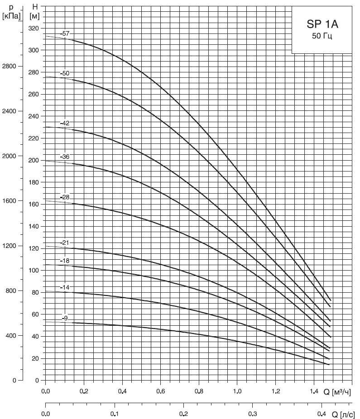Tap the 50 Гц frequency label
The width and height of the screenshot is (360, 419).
pyautogui.click(x=322, y=37)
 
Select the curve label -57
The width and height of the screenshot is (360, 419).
pyautogui.click(x=66, y=33)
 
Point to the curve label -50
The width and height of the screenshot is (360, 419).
pyautogui.click(x=66, y=73)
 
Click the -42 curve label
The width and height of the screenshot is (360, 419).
pyautogui.click(x=66, y=123)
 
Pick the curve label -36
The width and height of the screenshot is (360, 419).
pyautogui.click(x=66, y=157)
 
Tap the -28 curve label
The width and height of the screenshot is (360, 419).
pyautogui.click(x=66, y=197)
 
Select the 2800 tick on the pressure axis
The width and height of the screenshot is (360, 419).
pyautogui.click(x=9, y=66)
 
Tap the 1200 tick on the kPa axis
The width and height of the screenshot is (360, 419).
pyautogui.click(x=9, y=246)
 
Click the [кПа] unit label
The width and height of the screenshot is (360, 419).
pyautogui.click(x=10, y=17)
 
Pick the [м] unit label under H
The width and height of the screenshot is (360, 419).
pyautogui.click(x=34, y=17)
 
